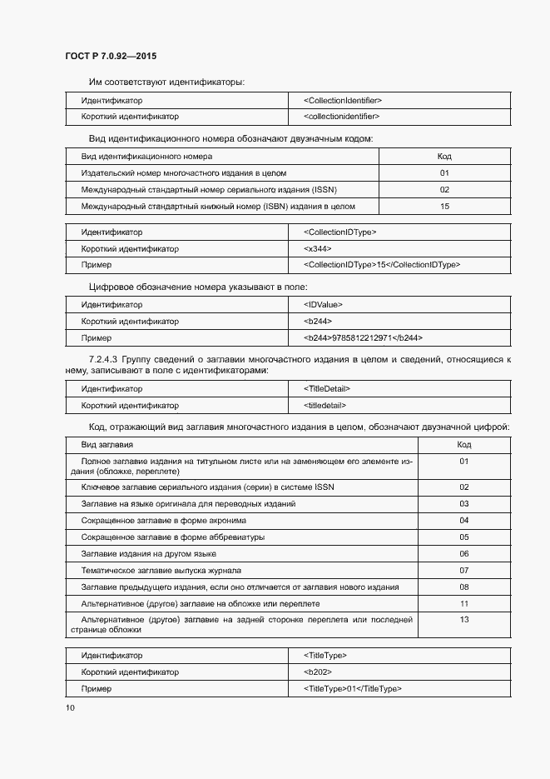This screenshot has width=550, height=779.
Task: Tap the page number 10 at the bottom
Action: [70, 708]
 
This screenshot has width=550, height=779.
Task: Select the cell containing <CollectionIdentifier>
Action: [343, 101]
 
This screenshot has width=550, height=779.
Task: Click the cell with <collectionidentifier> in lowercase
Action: [342, 117]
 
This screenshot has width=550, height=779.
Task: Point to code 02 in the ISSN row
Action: [444, 189]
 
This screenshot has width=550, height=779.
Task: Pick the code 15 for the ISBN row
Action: [444, 206]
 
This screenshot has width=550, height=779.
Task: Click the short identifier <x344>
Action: [318, 249]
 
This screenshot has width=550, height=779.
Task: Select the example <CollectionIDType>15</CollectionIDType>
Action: [382, 265]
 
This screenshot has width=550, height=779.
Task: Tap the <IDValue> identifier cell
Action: [323, 305]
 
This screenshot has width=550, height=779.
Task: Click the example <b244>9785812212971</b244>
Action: [364, 338]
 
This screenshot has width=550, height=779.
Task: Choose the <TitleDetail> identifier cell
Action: [327, 389]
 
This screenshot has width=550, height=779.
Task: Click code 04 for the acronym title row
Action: [464, 521]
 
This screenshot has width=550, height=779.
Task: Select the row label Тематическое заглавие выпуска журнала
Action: [161, 571]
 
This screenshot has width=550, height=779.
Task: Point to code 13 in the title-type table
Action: [464, 620]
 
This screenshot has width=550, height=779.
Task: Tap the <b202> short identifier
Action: [318, 672]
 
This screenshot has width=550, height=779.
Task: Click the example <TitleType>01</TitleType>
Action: [354, 689]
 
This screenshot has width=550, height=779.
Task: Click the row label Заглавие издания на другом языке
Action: [149, 554]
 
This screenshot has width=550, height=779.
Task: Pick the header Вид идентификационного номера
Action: [146, 157]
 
